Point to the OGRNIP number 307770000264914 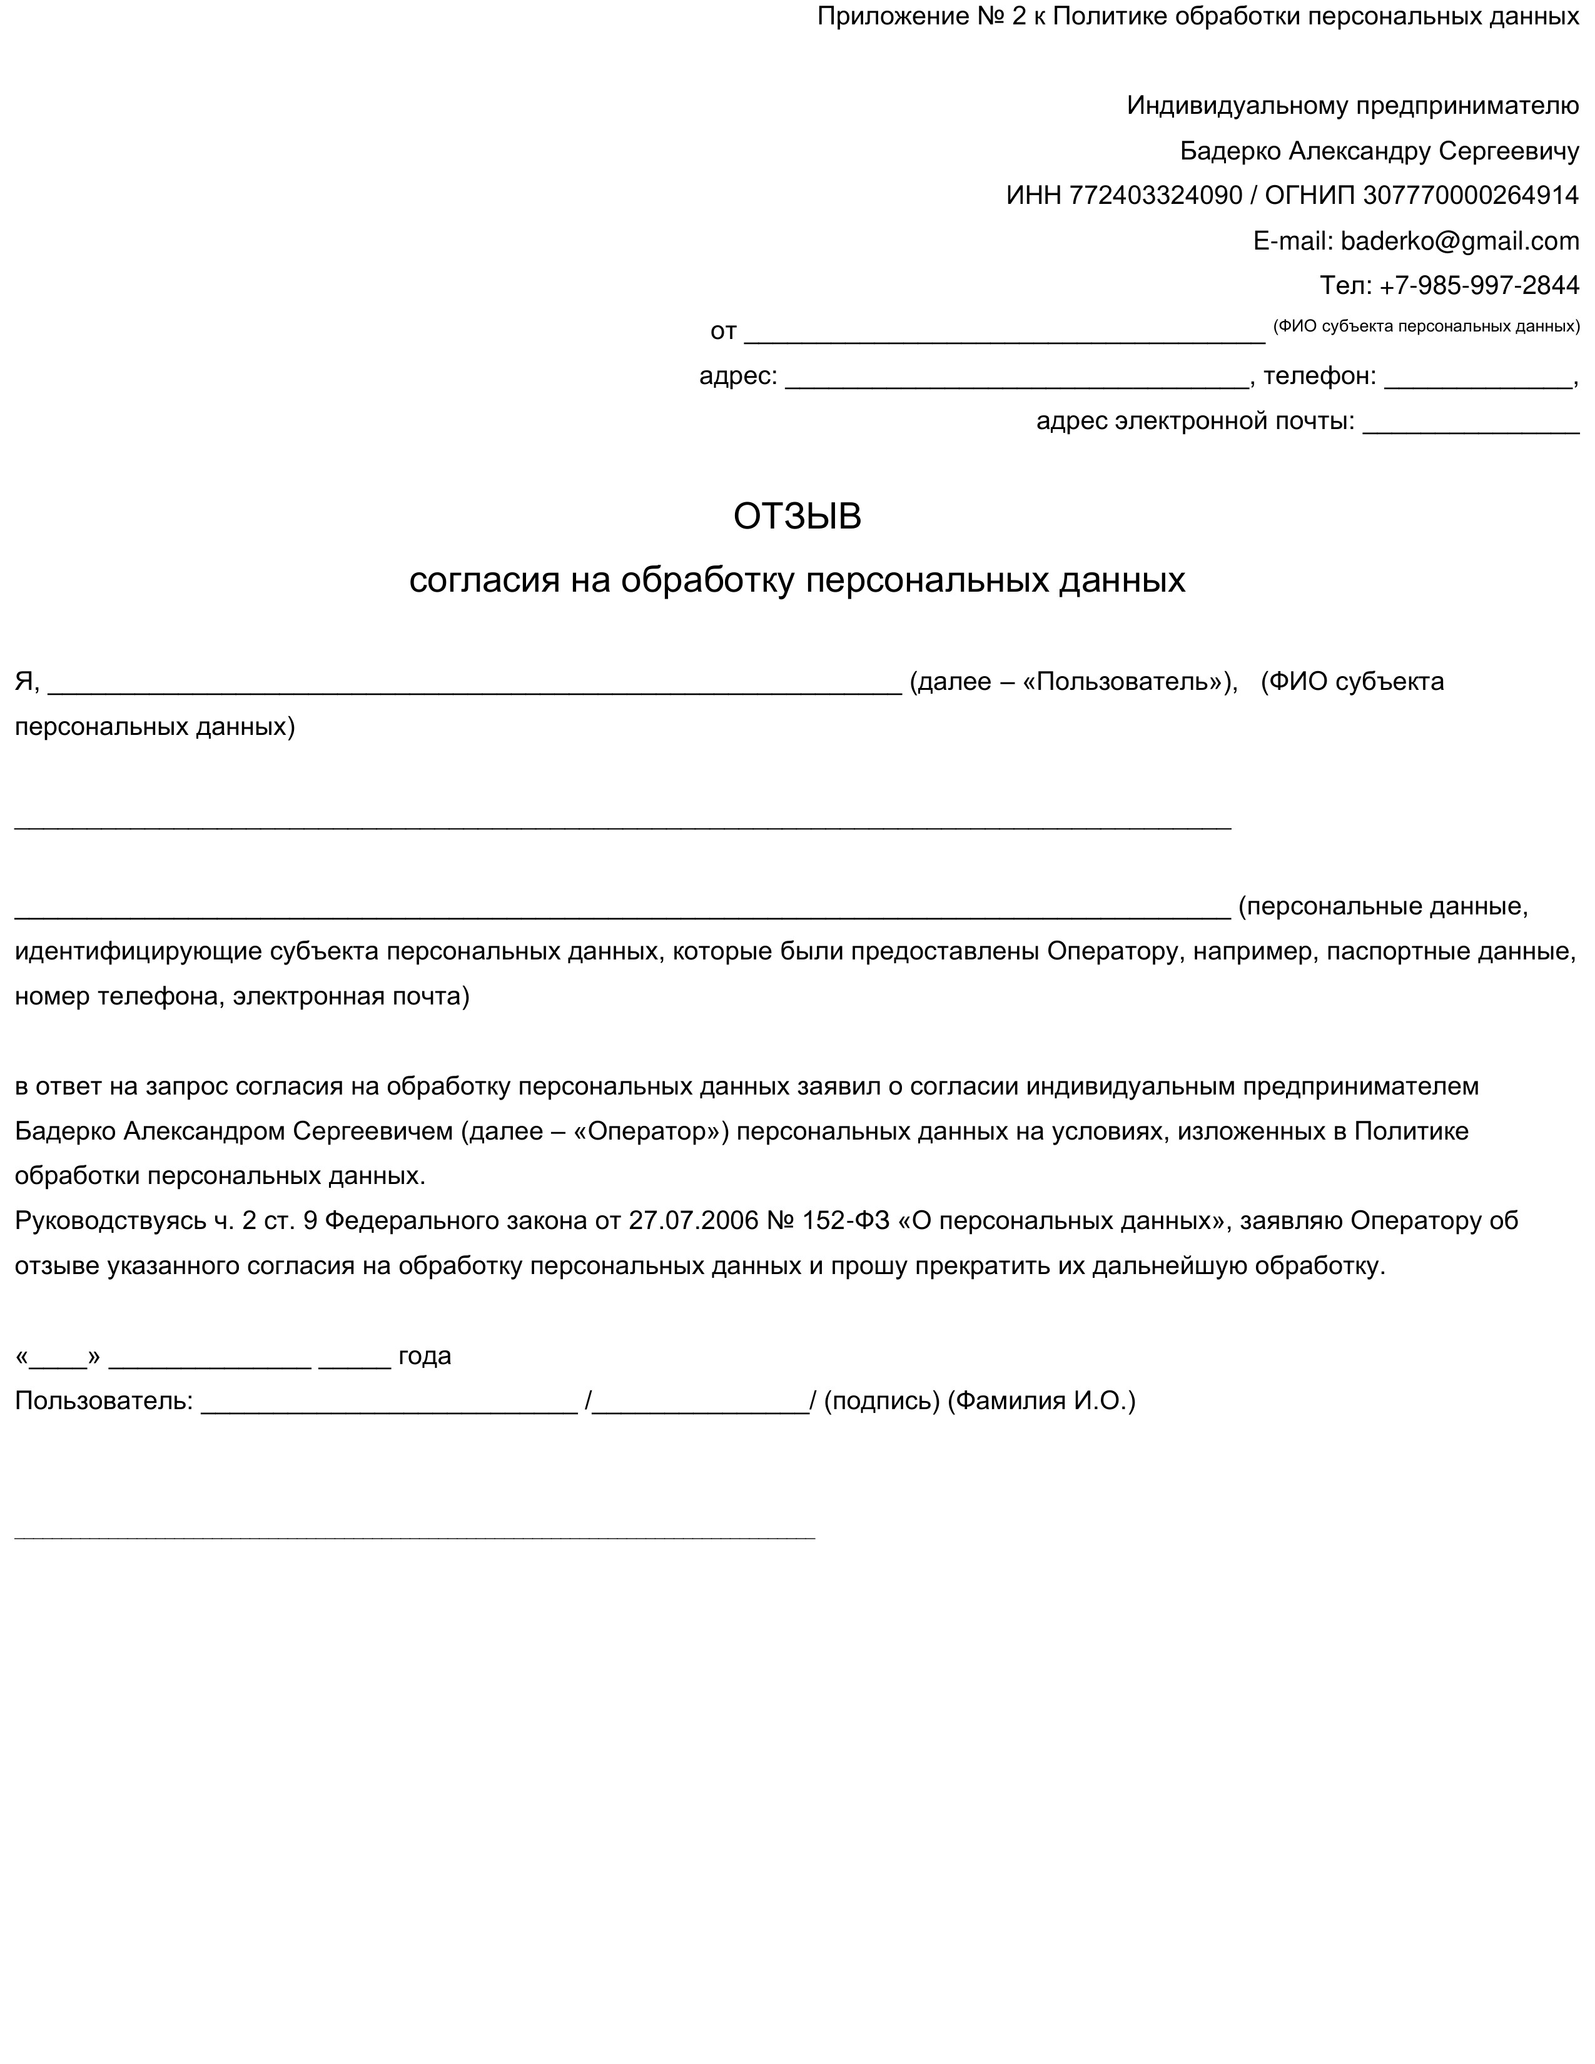pos(1471,196)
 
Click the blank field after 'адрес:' pos(1016,378)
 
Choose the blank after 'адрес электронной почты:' pos(1471,423)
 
